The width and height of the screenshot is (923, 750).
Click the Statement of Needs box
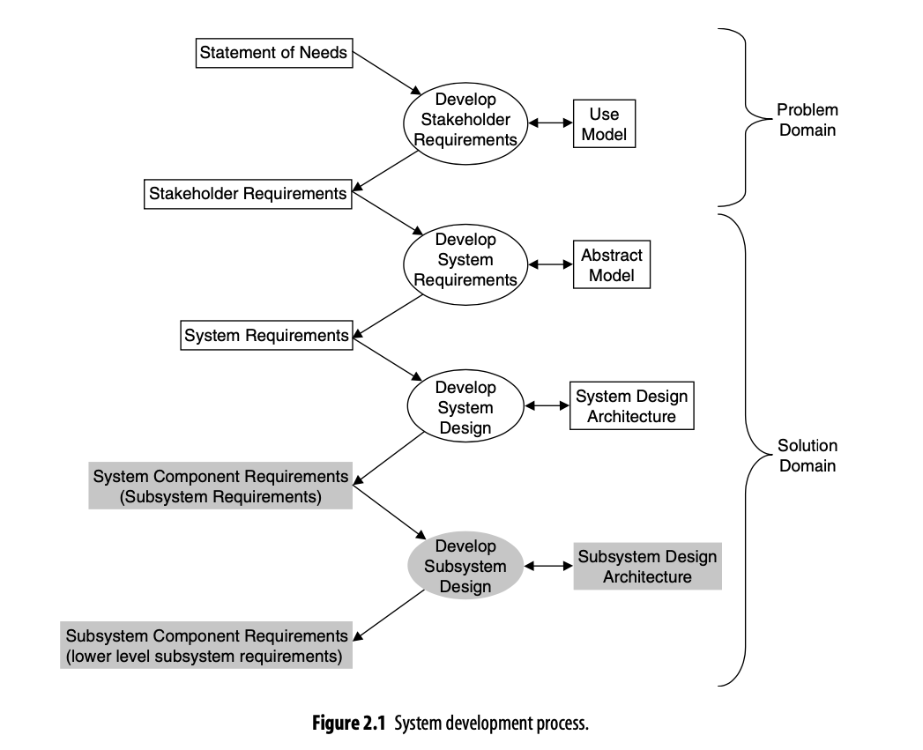274,53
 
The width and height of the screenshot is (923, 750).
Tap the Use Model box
604,123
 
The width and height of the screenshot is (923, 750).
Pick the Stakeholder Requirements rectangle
248,194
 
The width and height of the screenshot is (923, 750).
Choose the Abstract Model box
612,264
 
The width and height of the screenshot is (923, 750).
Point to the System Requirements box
266,335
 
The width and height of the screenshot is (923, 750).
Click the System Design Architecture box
631,405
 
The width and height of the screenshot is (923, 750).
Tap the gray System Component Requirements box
220,486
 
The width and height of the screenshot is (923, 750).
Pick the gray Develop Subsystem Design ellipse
465,566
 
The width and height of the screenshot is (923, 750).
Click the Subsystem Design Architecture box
648,567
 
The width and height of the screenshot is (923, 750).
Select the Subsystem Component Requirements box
206,645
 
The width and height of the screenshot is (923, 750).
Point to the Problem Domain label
807,120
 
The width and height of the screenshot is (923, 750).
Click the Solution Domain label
807,456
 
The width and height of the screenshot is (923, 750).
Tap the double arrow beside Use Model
550,123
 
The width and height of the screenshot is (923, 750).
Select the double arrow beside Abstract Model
550,264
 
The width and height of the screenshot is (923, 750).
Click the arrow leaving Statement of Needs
387,73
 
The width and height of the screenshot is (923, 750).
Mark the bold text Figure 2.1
348,723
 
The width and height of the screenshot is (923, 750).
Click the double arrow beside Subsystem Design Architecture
548,567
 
